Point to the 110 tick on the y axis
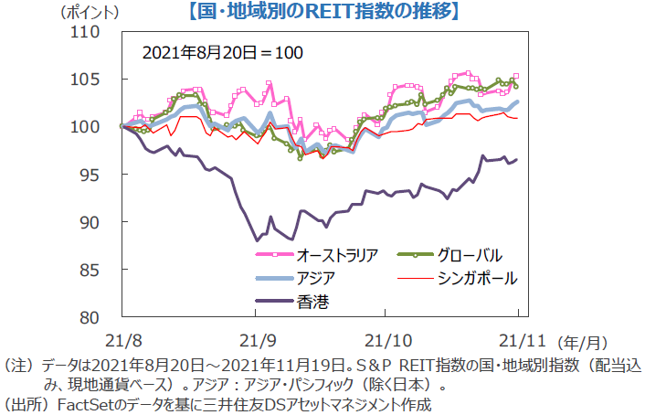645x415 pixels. (x=88, y=31)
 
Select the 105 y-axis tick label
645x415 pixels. (x=88, y=79)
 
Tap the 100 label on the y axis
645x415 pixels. (x=88, y=126)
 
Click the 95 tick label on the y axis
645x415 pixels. (x=92, y=174)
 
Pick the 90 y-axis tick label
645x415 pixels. (x=92, y=221)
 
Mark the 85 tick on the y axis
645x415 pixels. (x=92, y=269)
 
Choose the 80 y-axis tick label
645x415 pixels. (x=92, y=317)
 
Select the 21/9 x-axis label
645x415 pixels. (x=259, y=341)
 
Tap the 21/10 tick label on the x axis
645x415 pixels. (x=386, y=341)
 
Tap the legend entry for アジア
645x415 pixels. (x=315, y=278)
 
